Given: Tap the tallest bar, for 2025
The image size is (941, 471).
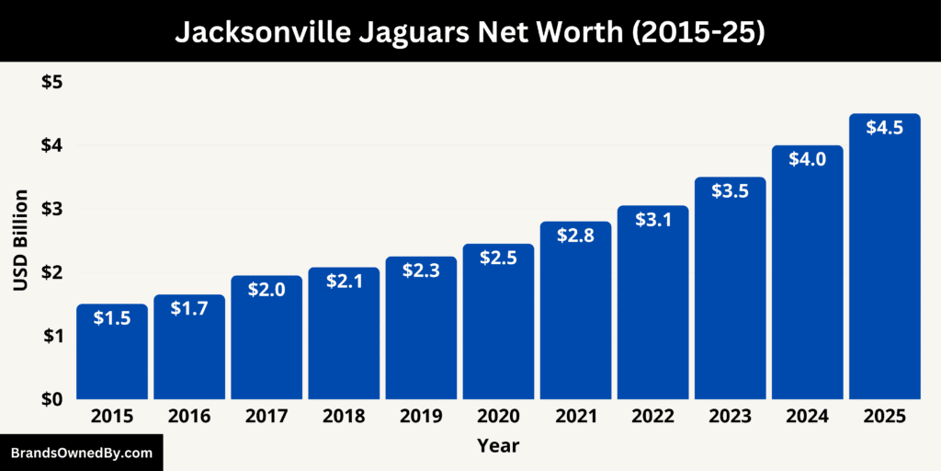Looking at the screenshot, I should [x=884, y=258].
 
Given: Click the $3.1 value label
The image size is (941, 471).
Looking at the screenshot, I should [x=652, y=221].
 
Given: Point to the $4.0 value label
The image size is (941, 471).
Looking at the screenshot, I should [x=808, y=159].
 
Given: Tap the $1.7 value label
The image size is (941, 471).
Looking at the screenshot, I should [x=189, y=309].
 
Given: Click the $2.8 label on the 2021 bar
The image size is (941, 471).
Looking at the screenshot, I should [x=575, y=235].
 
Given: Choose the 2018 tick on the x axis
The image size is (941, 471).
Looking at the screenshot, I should [x=344, y=417].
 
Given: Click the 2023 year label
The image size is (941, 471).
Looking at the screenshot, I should [x=730, y=417].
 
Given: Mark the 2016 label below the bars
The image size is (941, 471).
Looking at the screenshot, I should [x=189, y=417].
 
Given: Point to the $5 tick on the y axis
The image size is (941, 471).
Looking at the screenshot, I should [x=51, y=82].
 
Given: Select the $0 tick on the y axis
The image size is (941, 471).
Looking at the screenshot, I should [x=51, y=399].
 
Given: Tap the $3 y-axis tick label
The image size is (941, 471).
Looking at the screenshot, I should [x=51, y=209].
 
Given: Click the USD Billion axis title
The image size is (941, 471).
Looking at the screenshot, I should [x=21, y=240].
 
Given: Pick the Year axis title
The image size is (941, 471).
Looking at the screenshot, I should [x=498, y=446].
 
